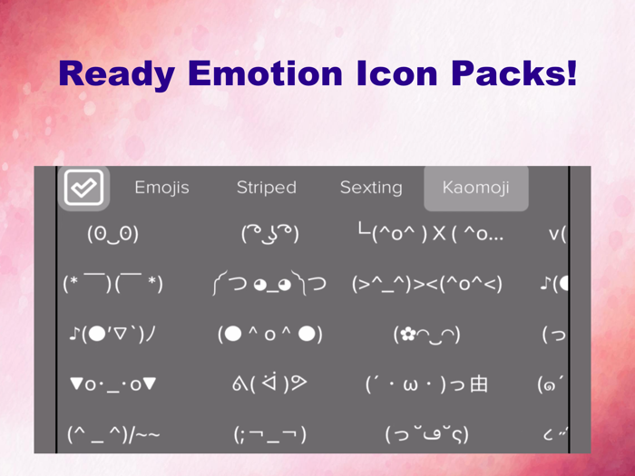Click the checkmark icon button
[84, 188]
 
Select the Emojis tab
[161, 188]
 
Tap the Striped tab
[267, 188]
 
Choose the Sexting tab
[371, 188]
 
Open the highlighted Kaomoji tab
[475, 188]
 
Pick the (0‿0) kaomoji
[113, 234]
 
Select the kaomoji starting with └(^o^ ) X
[430, 234]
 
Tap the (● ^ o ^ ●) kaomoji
[270, 335]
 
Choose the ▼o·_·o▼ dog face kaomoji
[113, 384]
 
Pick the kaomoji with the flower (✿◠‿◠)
[427, 335]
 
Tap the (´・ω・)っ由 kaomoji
[427, 384]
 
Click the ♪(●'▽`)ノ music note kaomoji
[113, 335]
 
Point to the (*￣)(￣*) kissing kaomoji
[113, 284]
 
